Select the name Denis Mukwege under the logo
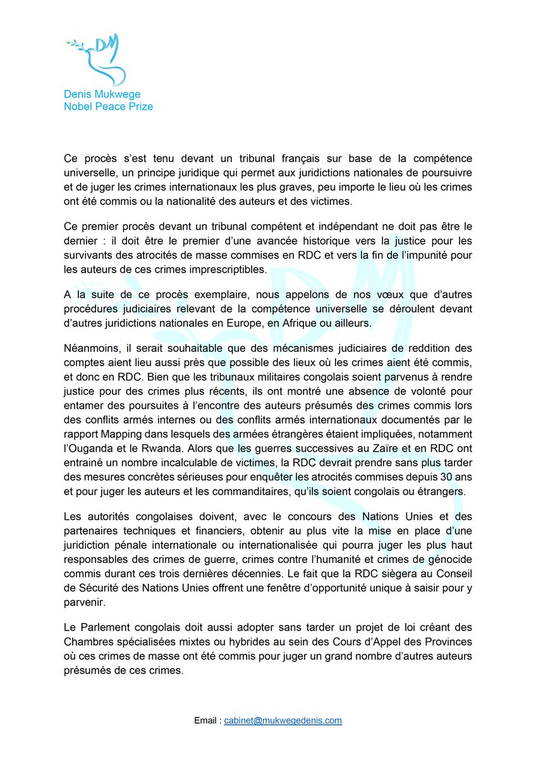click(102, 95)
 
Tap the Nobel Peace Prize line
click(108, 106)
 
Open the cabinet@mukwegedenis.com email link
click(283, 720)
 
